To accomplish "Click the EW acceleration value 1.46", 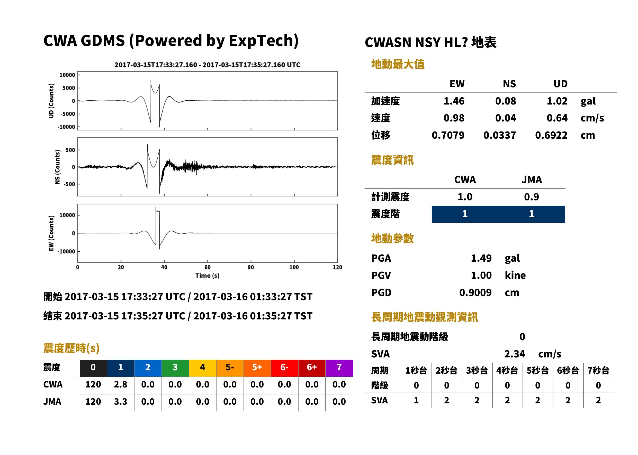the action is [454, 101].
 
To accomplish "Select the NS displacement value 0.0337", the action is [499, 135].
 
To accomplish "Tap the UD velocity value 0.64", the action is [557, 118].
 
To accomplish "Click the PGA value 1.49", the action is [481, 258].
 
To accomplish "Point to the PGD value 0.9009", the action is [475, 292].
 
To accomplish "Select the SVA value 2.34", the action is [515, 354].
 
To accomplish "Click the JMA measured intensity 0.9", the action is [531, 197].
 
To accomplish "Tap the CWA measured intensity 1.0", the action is [465, 197].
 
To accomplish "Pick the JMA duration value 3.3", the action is [120, 402].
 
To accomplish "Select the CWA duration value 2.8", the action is [120, 384].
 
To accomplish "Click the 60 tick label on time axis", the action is [207, 267].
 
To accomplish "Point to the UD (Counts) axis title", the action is [51, 101].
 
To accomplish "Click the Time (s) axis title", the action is [207, 276].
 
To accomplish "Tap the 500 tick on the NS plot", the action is [70, 150].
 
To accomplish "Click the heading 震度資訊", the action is [392, 160].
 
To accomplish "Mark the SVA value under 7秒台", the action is [598, 400].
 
